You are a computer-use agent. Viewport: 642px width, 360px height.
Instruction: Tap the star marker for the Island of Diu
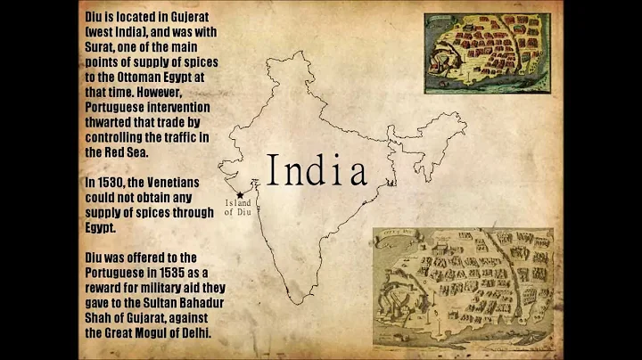coord(239,194)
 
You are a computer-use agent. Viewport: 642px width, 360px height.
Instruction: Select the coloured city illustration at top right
coord(486,56)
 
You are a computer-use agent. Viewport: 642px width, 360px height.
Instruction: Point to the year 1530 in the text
coord(113,183)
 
